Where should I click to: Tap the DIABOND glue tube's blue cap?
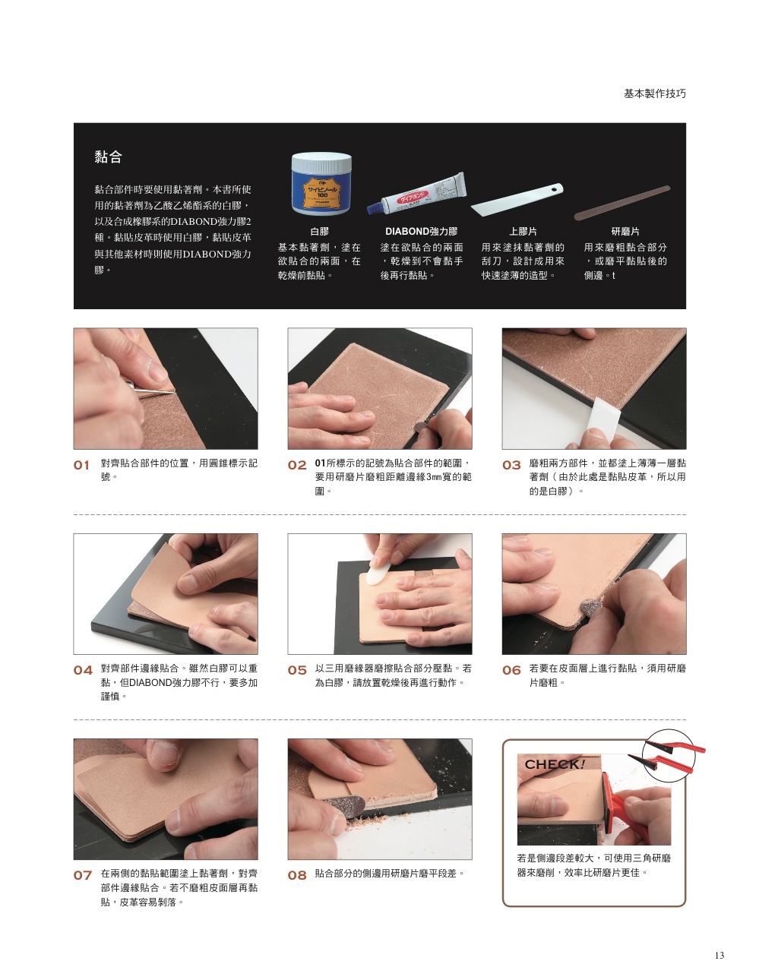[x=375, y=208]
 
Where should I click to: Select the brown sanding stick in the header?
[x=622, y=203]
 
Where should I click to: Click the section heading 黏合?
[x=108, y=156]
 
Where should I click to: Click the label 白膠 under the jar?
[x=319, y=232]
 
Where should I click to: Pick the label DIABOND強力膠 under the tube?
[x=421, y=232]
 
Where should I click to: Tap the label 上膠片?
[x=523, y=232]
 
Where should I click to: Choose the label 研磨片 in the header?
[x=625, y=232]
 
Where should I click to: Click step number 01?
[x=81, y=465]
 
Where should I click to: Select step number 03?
[x=511, y=465]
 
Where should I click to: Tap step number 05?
[x=297, y=670]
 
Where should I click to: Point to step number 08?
[x=297, y=875]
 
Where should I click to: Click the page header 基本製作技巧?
[x=654, y=93]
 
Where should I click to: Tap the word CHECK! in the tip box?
[x=555, y=764]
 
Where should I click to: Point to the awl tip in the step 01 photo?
[x=172, y=393]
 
